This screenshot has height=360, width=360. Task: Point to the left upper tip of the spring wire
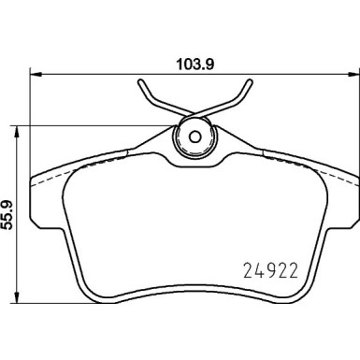coord(141,82)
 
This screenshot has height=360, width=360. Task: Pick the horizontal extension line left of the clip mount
coord(103,126)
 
